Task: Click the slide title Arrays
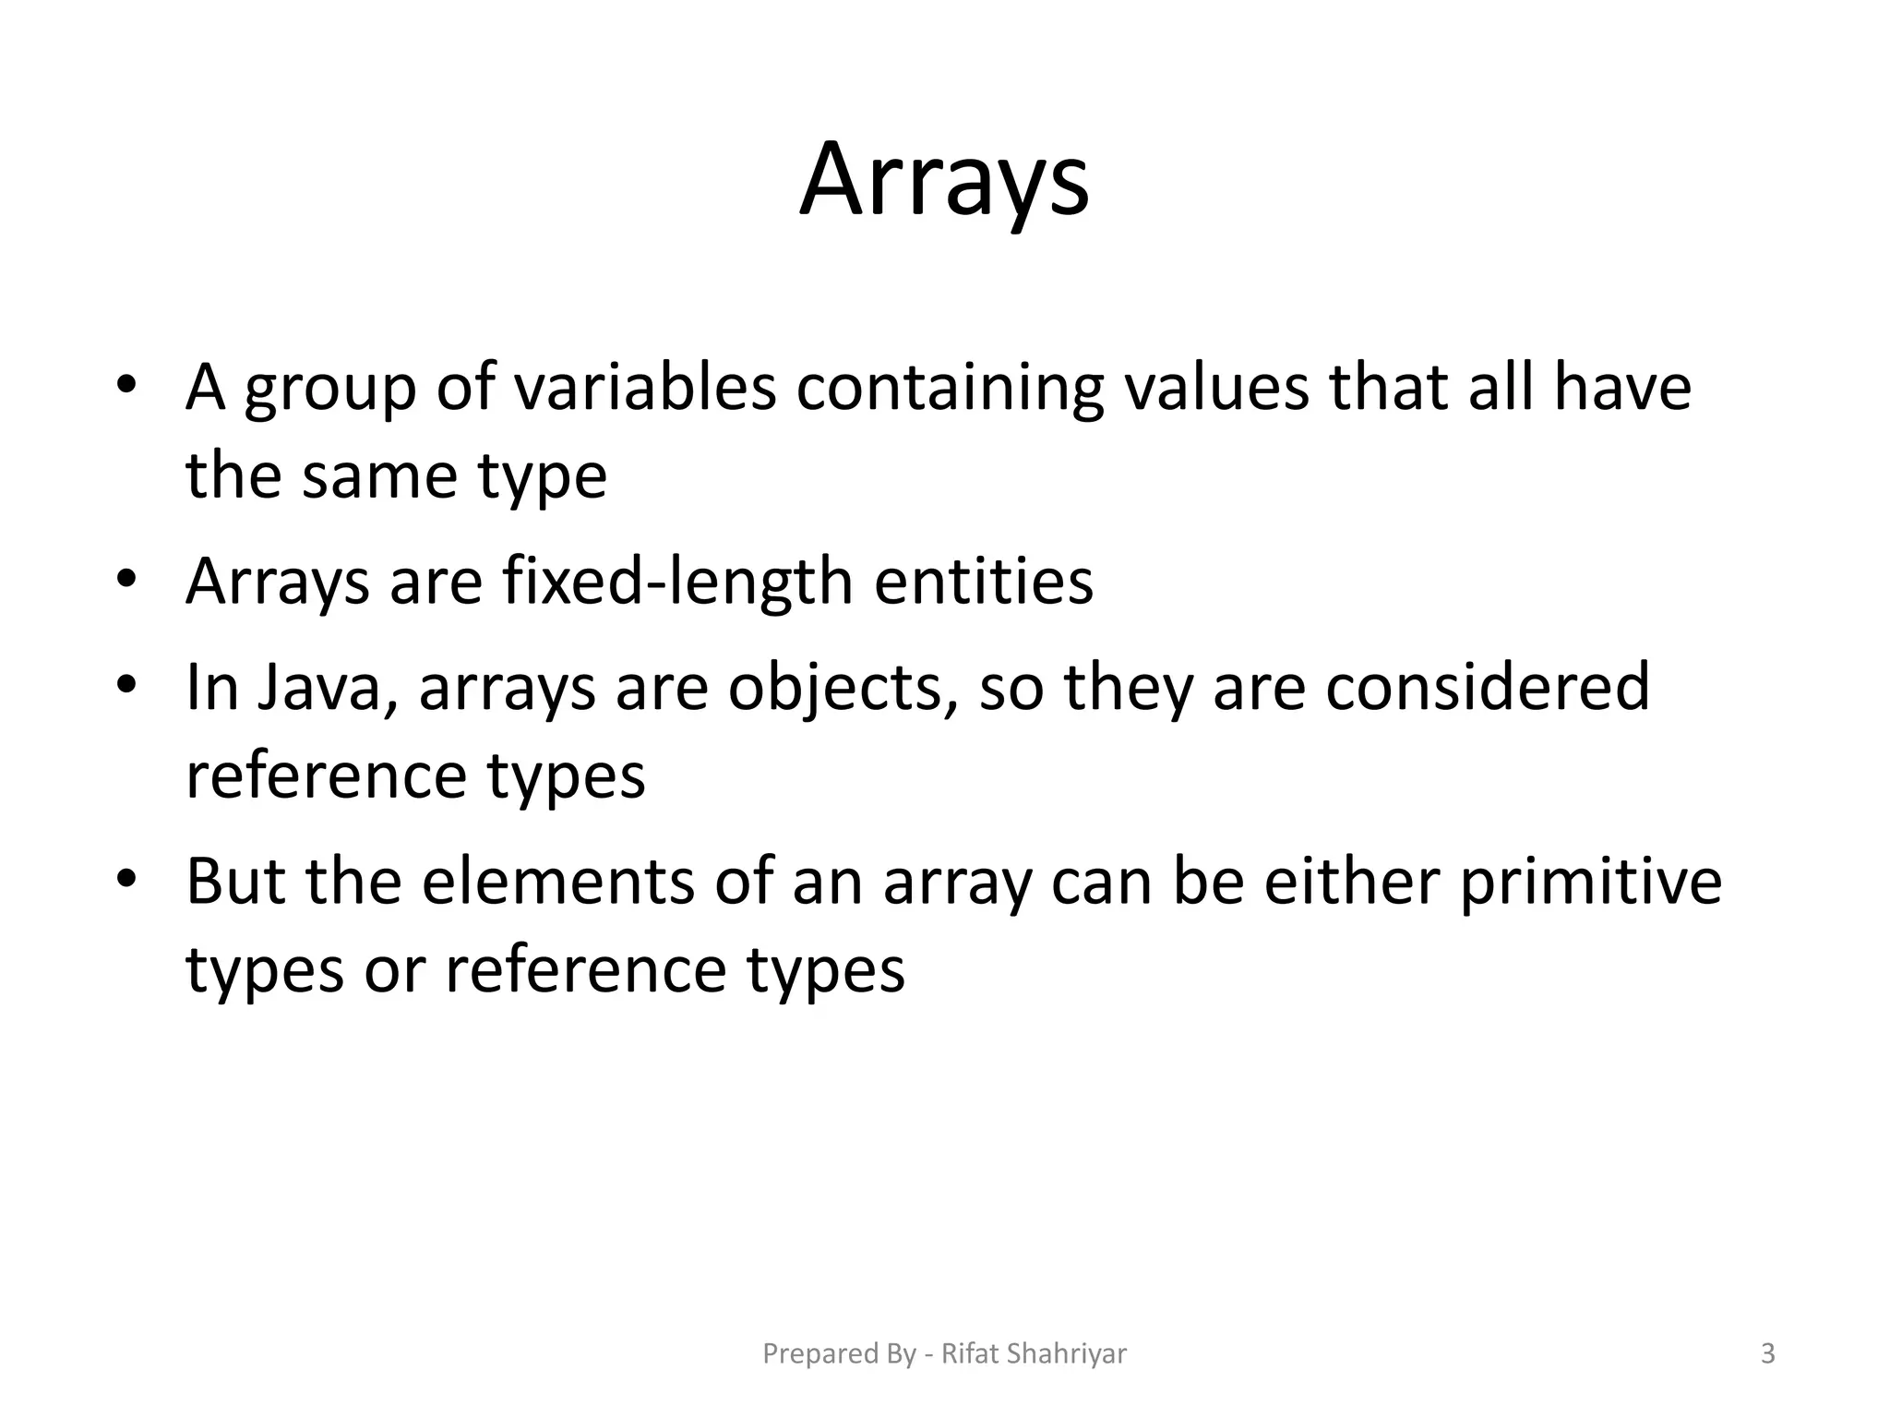(944, 180)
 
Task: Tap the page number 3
(1767, 1353)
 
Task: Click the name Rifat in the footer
(970, 1353)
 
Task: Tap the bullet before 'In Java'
(126, 685)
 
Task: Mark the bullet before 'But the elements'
(126, 879)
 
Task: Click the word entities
(983, 582)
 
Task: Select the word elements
(557, 882)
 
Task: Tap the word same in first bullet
(379, 477)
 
